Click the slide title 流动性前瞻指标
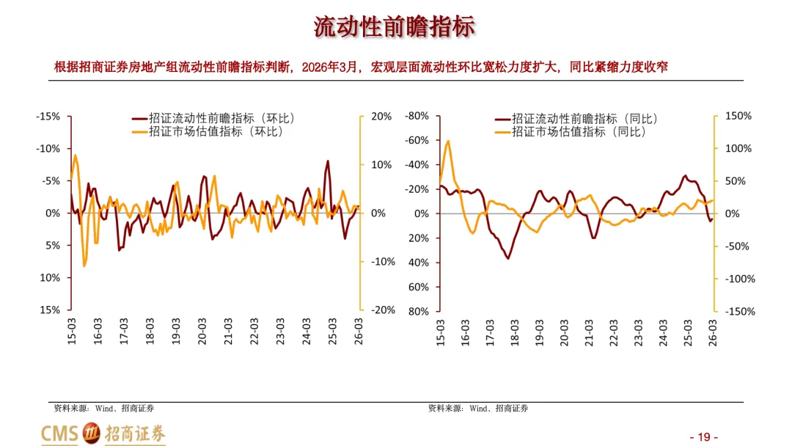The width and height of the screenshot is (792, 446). point(394,26)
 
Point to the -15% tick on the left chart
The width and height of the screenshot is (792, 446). point(48,116)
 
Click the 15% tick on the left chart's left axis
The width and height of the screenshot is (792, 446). point(50,310)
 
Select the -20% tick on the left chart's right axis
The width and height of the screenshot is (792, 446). point(384,310)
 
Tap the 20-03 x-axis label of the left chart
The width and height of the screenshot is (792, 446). point(202,332)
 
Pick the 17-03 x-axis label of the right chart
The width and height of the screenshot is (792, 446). point(490,332)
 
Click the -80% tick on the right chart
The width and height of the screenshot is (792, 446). point(417,116)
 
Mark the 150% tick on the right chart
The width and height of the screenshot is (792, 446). point(738,116)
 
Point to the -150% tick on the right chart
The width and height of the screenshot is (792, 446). point(740,311)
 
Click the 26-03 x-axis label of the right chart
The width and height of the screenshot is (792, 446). point(713,332)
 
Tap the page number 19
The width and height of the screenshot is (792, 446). point(704,437)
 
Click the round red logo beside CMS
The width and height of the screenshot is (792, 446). point(92,433)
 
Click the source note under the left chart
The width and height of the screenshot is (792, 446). point(104,408)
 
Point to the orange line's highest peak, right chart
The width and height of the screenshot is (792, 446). point(448,141)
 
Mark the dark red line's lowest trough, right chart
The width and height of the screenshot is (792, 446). point(507,259)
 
